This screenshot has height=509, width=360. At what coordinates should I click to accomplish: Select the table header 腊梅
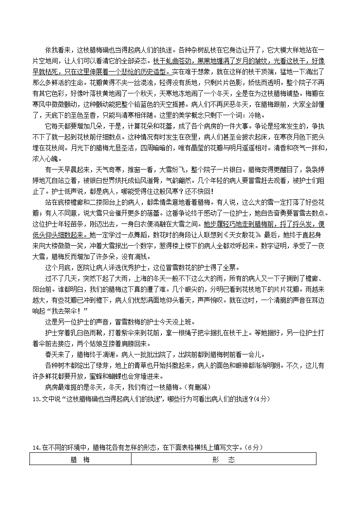pyautogui.click(x=80, y=459)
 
